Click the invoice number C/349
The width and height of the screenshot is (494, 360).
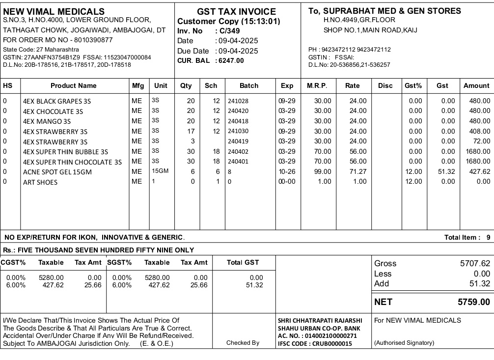[x=229, y=31]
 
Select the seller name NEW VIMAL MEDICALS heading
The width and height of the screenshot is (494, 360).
[x=54, y=11]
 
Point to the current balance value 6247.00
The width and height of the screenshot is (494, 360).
[x=231, y=60]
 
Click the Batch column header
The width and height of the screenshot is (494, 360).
[x=249, y=85]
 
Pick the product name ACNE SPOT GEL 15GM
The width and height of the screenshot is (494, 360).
[x=57, y=172]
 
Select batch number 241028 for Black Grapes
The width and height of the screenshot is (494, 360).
[x=238, y=101]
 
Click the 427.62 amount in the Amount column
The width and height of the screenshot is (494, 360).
[x=479, y=172]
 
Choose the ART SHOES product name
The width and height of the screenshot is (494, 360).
[x=40, y=182]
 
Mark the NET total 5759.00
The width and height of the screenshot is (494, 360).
[x=473, y=302]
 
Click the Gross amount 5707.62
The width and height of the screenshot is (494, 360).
[x=475, y=264]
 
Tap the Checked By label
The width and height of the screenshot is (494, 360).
[x=243, y=343]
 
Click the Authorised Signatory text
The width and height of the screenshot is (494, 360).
[x=404, y=343]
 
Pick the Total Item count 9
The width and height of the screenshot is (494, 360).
[x=488, y=238]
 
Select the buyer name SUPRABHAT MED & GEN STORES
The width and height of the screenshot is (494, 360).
[x=392, y=11]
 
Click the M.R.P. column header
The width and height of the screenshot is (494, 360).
[x=317, y=85]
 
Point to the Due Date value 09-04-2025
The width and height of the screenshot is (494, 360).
[x=238, y=51]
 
